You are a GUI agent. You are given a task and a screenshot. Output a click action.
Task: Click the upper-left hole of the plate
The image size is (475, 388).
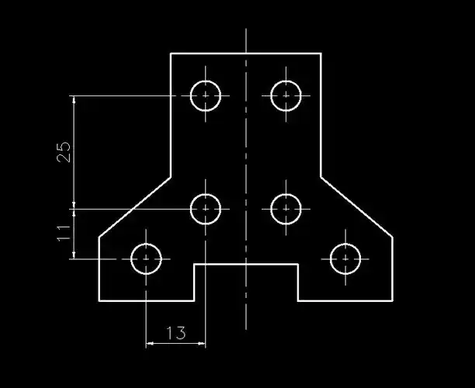(206, 95)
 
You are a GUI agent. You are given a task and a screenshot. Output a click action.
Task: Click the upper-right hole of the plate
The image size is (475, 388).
(286, 95)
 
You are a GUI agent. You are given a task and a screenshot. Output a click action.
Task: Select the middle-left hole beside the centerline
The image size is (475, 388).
(206, 208)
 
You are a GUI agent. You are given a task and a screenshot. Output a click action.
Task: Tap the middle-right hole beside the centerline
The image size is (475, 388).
(286, 208)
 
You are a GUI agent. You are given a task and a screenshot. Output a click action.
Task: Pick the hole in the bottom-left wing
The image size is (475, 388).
(147, 259)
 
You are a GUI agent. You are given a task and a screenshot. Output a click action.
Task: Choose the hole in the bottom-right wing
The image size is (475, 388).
(345, 259)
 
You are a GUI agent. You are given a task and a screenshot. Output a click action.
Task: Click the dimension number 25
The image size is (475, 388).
(65, 151)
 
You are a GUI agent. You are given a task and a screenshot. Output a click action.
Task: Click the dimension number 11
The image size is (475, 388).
(65, 233)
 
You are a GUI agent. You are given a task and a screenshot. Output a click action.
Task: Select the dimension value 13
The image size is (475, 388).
(176, 333)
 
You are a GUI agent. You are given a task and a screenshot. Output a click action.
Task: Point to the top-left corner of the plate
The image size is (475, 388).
(171, 53)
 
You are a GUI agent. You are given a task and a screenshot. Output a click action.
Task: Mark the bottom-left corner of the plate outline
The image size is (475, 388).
(99, 300)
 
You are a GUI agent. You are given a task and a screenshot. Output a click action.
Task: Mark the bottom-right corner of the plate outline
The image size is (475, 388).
(392, 300)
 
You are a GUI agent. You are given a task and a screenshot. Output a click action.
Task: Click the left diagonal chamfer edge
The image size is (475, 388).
(134, 206)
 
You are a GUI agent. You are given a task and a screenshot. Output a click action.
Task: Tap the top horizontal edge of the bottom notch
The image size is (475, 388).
(246, 265)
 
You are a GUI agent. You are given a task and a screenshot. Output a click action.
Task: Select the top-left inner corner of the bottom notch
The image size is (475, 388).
(194, 265)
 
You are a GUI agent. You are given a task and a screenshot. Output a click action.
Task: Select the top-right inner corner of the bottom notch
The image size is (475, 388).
(298, 265)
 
